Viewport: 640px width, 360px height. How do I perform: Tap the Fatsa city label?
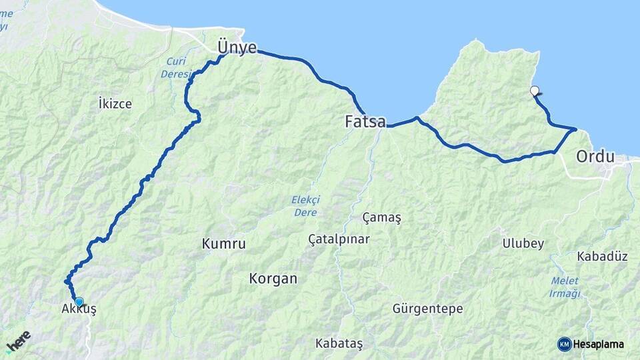365,122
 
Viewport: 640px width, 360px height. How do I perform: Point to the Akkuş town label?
79,310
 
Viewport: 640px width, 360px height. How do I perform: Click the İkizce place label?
115,103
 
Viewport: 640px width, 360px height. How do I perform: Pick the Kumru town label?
223,244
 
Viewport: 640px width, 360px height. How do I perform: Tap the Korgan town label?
273,278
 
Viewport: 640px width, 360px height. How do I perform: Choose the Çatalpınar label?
339,239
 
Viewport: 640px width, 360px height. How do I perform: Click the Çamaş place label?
382,217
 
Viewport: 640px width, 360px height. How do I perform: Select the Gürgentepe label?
427,309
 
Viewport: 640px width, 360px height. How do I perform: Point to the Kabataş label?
339,343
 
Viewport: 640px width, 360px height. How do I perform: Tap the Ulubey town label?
523,243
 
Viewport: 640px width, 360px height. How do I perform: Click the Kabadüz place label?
602,256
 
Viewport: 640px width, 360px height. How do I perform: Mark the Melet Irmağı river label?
565,287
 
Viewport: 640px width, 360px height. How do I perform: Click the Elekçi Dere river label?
306,205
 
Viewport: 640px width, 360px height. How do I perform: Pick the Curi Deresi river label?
175,68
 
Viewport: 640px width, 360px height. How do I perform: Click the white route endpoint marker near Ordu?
534,91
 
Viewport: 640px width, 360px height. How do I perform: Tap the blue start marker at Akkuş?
79,301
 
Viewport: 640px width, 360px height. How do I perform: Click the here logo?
18,341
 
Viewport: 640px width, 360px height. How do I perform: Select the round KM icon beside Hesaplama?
564,344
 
